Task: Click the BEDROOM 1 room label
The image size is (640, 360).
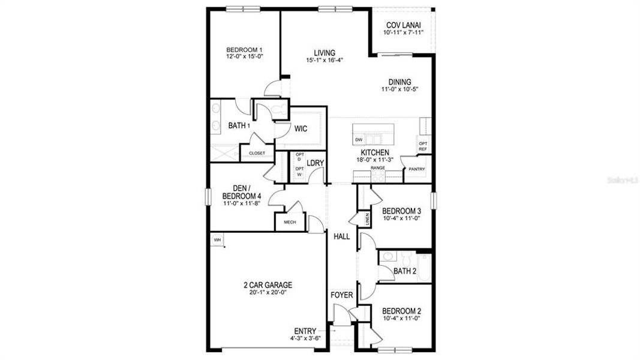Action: [x=244, y=49]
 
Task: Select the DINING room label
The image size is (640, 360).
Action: [x=399, y=82]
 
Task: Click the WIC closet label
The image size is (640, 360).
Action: [x=301, y=128]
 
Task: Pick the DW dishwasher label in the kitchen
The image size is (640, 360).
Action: [x=359, y=140]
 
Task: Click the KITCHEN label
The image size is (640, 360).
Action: [x=375, y=152]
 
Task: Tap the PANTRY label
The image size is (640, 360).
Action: [x=416, y=169]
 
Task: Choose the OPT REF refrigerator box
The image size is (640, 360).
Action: [x=422, y=146]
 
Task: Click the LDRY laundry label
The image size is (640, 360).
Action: [x=316, y=163]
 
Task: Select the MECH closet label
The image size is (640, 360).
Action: [x=290, y=222]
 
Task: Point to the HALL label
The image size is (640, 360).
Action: [x=342, y=236]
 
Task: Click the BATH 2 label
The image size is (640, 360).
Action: [x=405, y=271]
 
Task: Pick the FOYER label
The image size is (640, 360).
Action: [x=342, y=296]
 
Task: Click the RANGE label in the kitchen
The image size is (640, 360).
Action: [x=377, y=168]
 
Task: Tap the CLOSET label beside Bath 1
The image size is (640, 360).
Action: [x=257, y=153]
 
